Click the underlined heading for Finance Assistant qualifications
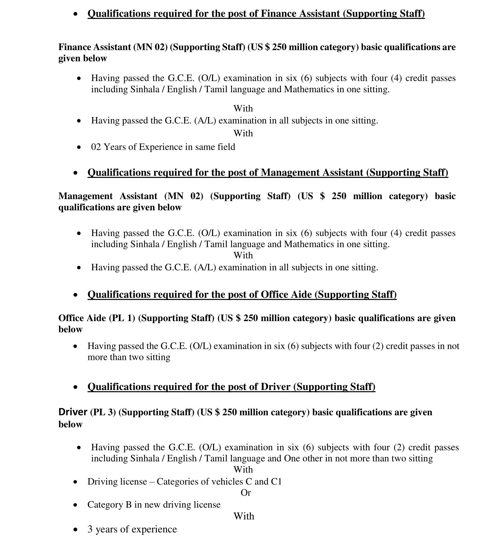(x=256, y=14)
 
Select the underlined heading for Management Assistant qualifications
(x=268, y=173)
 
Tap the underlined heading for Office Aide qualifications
(x=242, y=295)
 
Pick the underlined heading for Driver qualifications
(x=231, y=387)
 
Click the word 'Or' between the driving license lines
(x=246, y=493)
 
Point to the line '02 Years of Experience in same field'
(x=163, y=147)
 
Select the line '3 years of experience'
(x=132, y=529)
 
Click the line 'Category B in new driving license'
(x=154, y=505)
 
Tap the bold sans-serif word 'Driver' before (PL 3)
(x=73, y=412)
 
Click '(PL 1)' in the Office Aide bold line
(x=122, y=318)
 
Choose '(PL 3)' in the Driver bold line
(x=103, y=412)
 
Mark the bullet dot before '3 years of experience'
(x=76, y=530)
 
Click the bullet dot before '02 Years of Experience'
(x=79, y=147)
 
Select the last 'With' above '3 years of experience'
(x=244, y=516)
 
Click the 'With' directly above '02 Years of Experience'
(x=243, y=133)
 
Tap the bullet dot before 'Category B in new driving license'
(x=76, y=505)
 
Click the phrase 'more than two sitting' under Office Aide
(x=129, y=357)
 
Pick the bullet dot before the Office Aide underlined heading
(x=76, y=295)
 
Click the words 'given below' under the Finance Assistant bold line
(x=83, y=58)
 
